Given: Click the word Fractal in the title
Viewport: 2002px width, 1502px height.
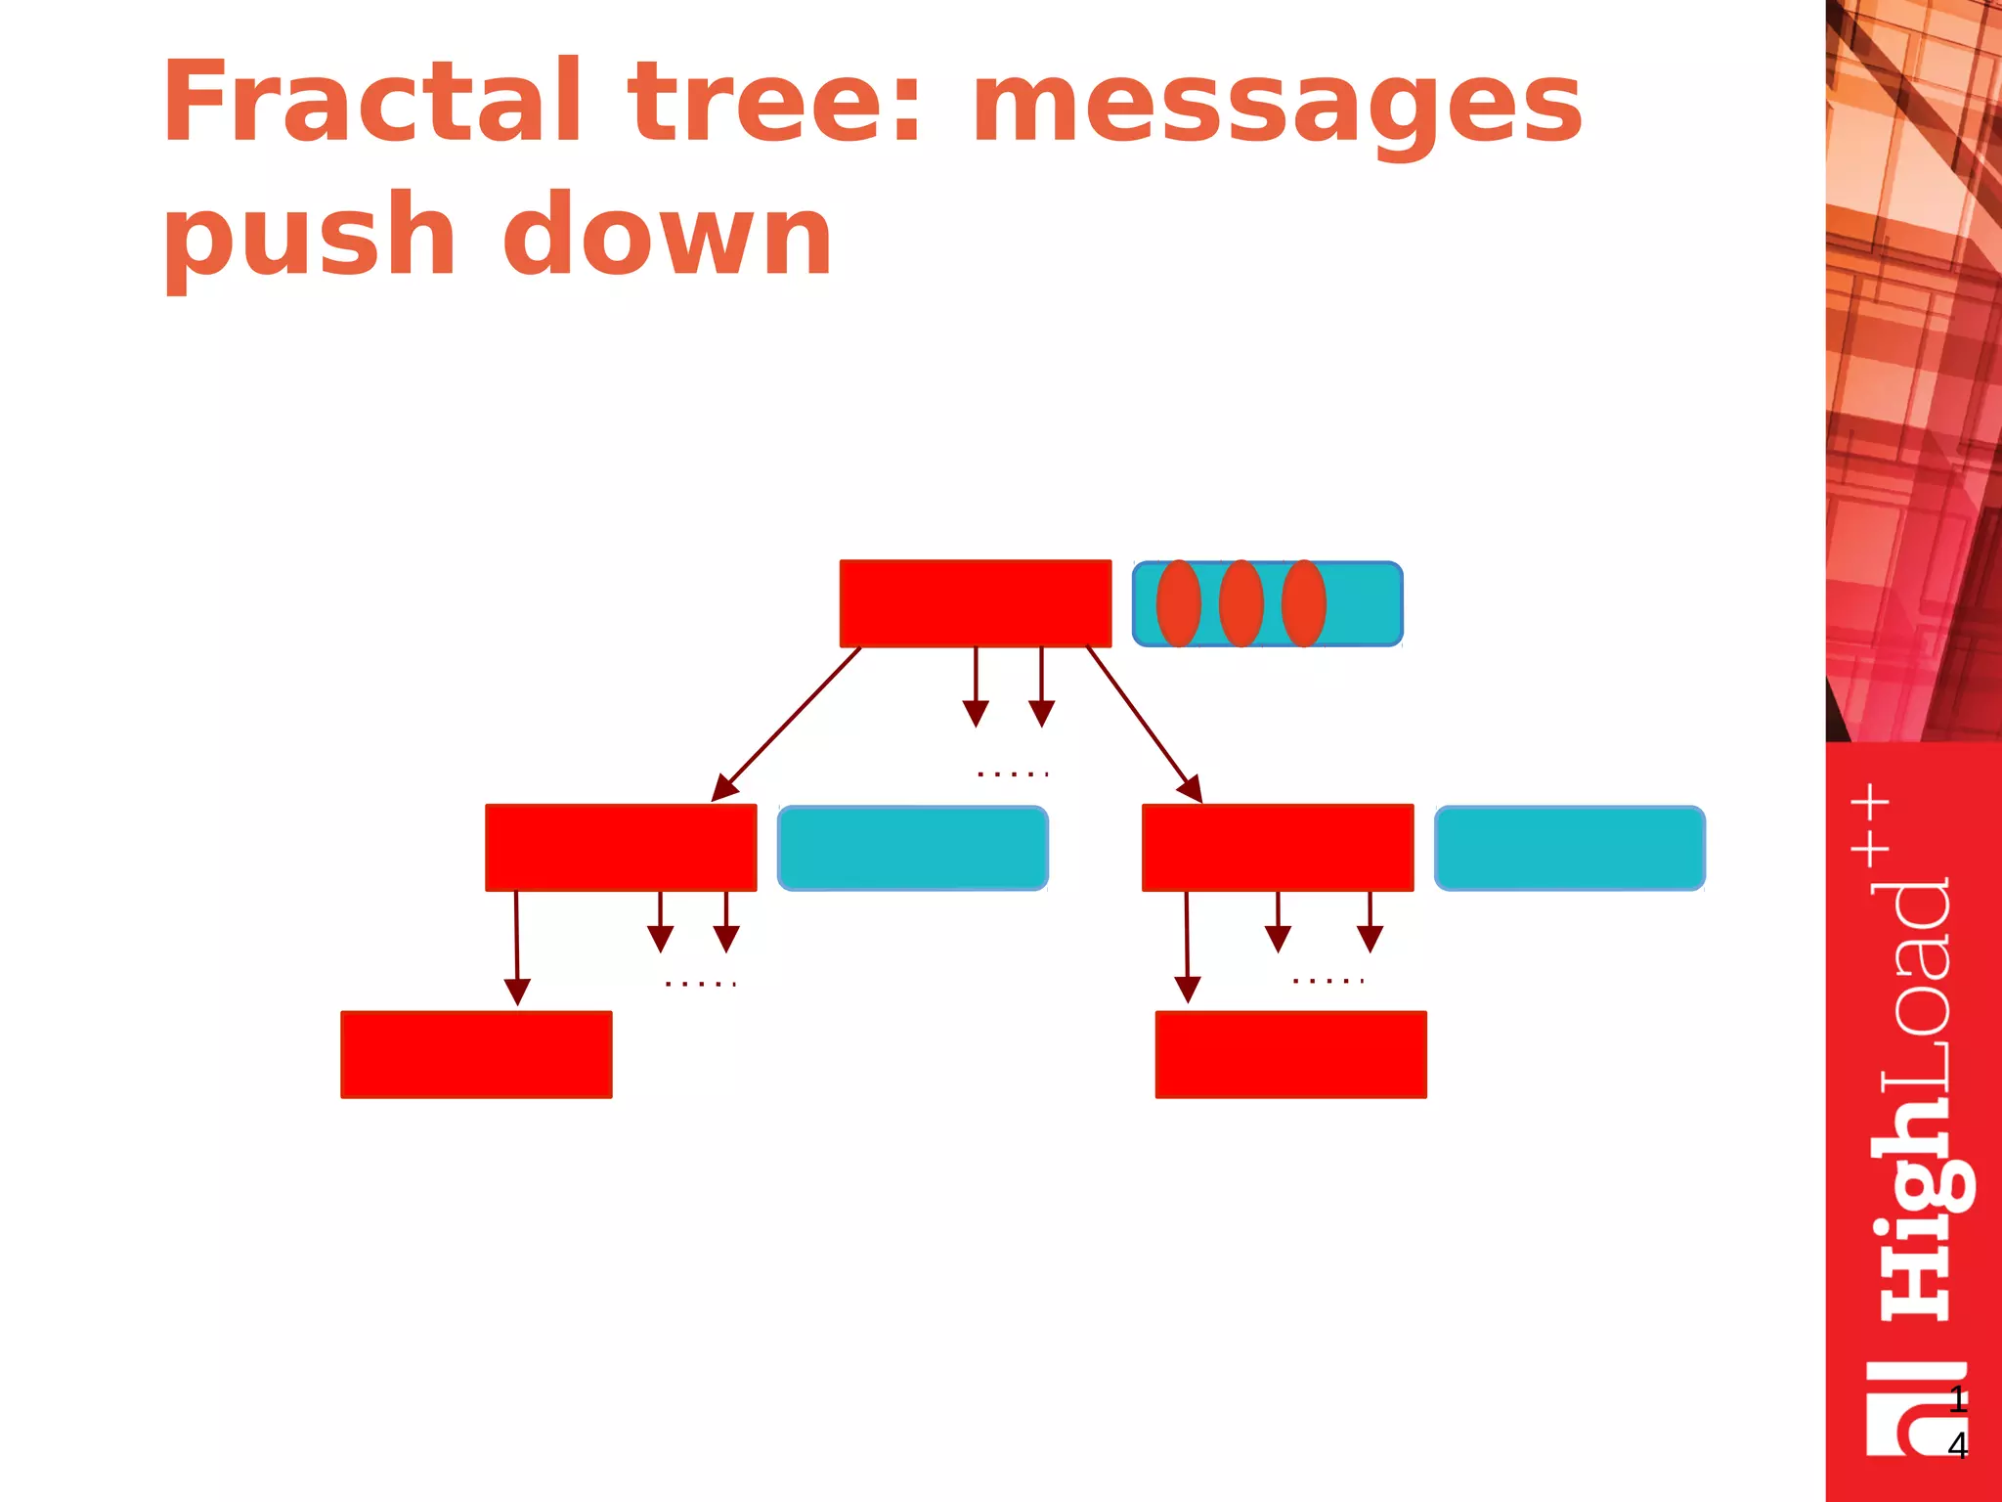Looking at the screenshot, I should tap(372, 103).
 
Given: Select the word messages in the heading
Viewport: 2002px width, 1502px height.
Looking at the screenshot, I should tap(1277, 108).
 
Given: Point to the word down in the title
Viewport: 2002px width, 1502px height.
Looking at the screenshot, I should tap(667, 235).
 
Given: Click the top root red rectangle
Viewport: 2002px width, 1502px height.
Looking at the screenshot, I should tap(975, 603).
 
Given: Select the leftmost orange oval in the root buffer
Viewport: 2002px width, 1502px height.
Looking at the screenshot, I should tap(1179, 603).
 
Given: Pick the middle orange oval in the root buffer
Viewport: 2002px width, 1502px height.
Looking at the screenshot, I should tap(1241, 603).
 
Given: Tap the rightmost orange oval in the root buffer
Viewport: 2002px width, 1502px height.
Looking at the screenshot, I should tap(1304, 603).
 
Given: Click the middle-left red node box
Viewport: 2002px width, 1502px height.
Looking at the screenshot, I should tap(621, 848).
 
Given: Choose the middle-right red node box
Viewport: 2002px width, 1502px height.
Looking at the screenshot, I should tap(1278, 848).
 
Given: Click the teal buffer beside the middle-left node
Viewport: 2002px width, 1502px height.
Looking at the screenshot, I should tap(913, 848).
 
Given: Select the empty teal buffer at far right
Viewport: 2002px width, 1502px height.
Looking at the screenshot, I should tap(1570, 848).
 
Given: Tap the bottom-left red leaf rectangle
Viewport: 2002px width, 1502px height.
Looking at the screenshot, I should tap(476, 1055).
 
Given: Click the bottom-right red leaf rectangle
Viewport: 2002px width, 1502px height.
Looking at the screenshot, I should tap(1290, 1055).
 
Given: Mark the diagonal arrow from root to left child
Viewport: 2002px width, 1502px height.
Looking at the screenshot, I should tap(787, 724).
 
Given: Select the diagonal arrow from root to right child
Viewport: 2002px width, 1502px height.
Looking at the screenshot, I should tap(1145, 725).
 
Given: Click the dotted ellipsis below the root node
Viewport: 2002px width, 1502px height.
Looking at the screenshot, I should tap(1013, 773).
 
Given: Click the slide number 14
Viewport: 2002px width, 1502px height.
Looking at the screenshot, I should tap(1957, 1423).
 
